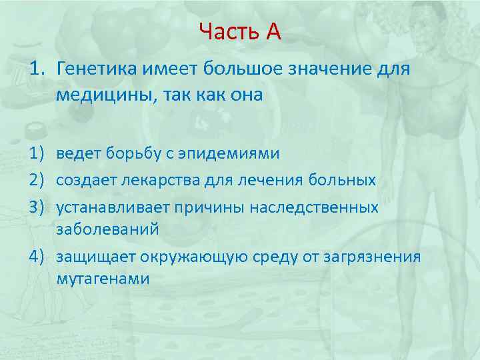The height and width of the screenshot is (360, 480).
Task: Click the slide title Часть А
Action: pyautogui.click(x=239, y=31)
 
